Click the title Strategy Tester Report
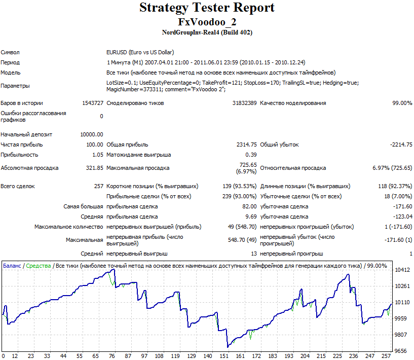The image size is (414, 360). [x=207, y=8]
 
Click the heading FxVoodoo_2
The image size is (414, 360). [x=207, y=22]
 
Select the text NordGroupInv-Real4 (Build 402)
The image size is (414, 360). [x=207, y=32]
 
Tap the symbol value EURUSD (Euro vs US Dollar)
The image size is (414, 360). [x=140, y=52]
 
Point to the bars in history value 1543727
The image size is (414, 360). [x=93, y=103]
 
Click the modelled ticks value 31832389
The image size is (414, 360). [x=244, y=103]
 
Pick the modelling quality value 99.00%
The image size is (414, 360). [x=402, y=103]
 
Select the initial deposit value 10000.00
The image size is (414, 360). [x=92, y=134]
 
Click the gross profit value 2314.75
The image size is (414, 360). [x=247, y=145]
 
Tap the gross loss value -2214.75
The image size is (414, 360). [x=401, y=145]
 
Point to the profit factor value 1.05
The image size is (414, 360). [x=98, y=155]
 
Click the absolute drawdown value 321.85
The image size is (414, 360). [x=95, y=168]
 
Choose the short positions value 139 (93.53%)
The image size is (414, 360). [x=240, y=186]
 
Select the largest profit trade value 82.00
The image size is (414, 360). [x=249, y=206]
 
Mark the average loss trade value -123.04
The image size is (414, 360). [x=403, y=217]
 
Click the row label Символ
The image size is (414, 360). [x=10, y=52]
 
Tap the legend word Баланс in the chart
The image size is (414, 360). [x=12, y=266]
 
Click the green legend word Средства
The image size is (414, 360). [x=39, y=266]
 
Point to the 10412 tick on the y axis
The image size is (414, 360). [x=402, y=270]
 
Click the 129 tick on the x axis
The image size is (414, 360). [x=192, y=356]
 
